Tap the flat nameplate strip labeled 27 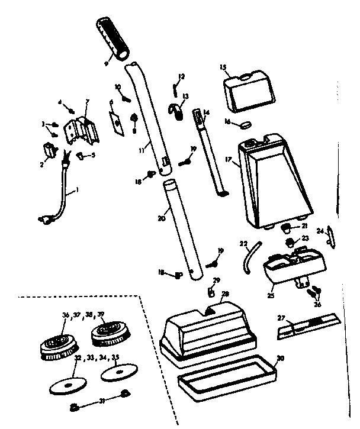coord(307,326)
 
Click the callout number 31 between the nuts coord(101,402)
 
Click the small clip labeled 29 coord(211,291)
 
